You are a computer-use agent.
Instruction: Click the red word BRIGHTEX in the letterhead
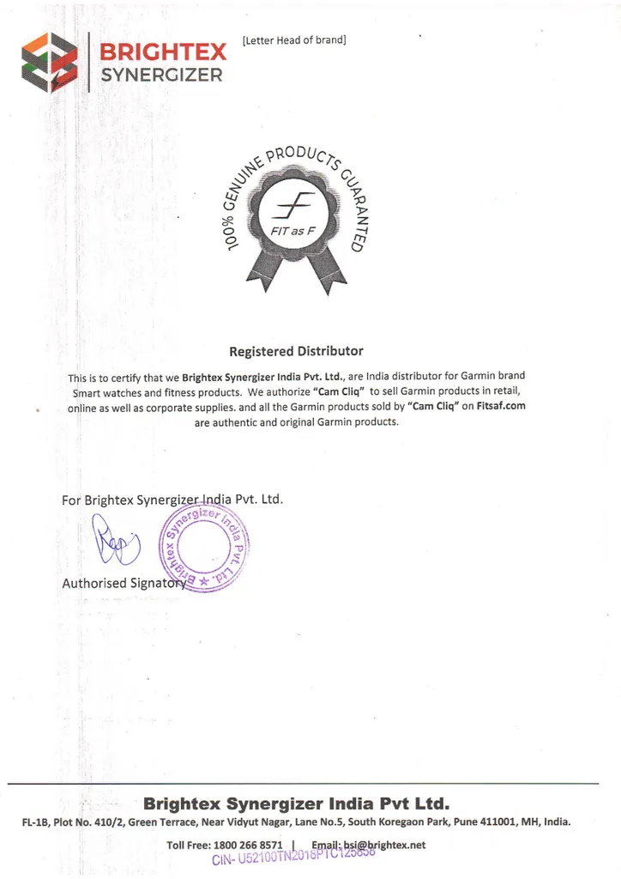[162, 52]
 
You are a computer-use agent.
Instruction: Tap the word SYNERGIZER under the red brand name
[161, 75]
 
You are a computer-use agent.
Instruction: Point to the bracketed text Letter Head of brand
[294, 40]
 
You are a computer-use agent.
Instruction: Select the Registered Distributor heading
[296, 351]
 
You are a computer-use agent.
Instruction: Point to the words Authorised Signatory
[123, 583]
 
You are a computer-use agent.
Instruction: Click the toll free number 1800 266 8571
[251, 846]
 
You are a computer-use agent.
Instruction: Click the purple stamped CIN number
[292, 859]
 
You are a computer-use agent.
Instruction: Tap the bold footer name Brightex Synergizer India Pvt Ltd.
[296, 804]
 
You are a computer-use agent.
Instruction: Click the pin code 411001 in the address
[485, 821]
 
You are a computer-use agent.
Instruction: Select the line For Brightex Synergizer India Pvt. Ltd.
[172, 500]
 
